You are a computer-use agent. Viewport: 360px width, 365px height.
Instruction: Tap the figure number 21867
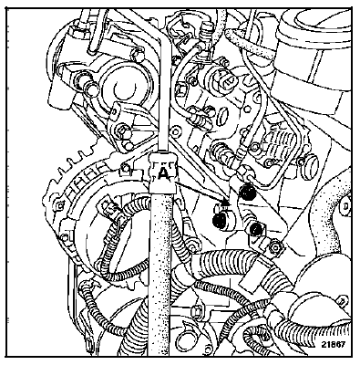point(333,344)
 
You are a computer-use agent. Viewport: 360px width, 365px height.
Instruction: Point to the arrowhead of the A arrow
point(226,202)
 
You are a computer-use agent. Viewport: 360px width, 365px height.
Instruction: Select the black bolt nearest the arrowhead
point(220,221)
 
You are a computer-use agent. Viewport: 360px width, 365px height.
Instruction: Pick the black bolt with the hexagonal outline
point(256,229)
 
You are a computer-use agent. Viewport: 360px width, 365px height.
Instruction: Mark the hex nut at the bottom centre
point(197,311)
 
